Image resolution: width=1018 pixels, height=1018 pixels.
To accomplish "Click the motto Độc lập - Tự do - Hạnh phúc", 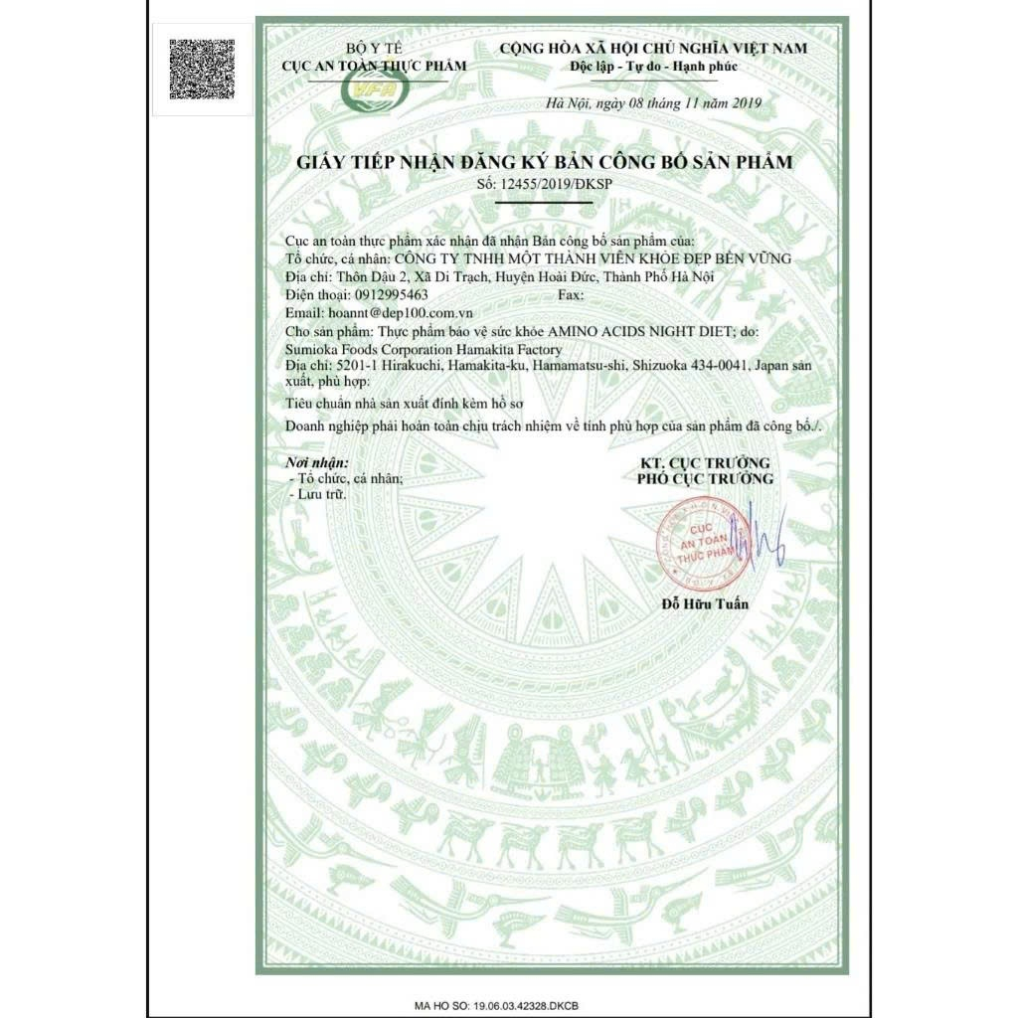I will tap(652, 65).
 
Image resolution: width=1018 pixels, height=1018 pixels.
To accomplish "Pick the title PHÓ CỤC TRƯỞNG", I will tap(704, 479).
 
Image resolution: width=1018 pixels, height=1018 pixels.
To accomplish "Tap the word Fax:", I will tap(573, 294).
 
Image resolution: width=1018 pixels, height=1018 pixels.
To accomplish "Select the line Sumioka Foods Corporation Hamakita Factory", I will tap(423, 349).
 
